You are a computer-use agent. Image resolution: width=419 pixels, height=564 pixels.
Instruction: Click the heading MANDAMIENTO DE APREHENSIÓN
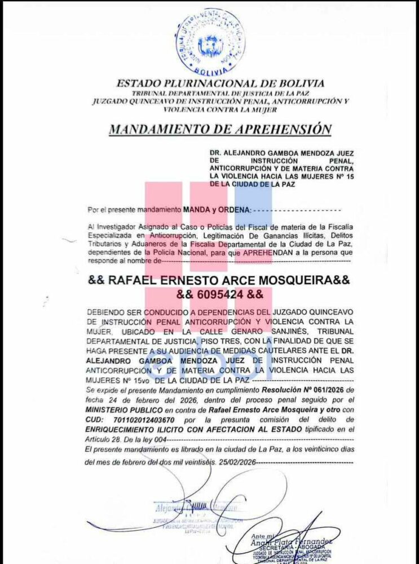click(219, 129)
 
